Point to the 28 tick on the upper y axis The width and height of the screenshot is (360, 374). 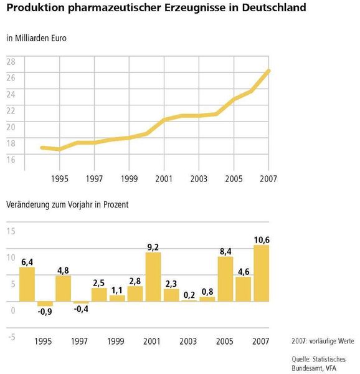click(x=11, y=60)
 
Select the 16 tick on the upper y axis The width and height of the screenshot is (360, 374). click(x=11, y=160)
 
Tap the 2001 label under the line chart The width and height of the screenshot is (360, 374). click(x=164, y=178)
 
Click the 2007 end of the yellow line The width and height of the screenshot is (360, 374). click(x=269, y=70)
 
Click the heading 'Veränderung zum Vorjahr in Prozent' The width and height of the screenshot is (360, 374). click(x=67, y=204)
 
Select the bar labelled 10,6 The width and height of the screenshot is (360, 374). click(x=261, y=273)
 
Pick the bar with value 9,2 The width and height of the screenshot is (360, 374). click(x=153, y=277)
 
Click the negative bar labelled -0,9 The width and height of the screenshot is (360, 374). click(x=45, y=304)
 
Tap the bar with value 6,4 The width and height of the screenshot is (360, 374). click(x=27, y=284)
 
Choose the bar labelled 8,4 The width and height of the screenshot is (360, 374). click(x=225, y=279)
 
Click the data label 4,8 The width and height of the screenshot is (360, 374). click(x=63, y=271)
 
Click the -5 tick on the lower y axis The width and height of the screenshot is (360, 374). click(x=11, y=337)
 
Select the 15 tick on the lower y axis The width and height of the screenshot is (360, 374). click(x=11, y=231)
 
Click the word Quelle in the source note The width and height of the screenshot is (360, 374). click(x=303, y=359)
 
